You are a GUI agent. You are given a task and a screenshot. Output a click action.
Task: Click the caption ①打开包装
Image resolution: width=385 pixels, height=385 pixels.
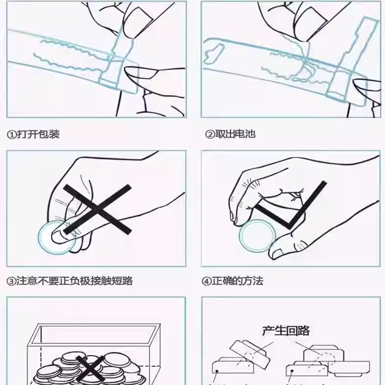point(33,134)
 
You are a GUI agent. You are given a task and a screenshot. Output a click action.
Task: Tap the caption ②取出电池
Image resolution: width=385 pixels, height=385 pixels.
point(230,134)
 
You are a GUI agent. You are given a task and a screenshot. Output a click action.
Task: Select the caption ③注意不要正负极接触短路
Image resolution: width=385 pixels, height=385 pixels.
point(70,281)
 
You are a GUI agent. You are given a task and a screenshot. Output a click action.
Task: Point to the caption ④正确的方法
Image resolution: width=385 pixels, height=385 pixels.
point(233,281)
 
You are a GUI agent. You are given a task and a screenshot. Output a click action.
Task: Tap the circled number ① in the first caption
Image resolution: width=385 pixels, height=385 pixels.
point(11,134)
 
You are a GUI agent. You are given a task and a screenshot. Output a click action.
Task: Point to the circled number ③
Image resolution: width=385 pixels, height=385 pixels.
point(11,281)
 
